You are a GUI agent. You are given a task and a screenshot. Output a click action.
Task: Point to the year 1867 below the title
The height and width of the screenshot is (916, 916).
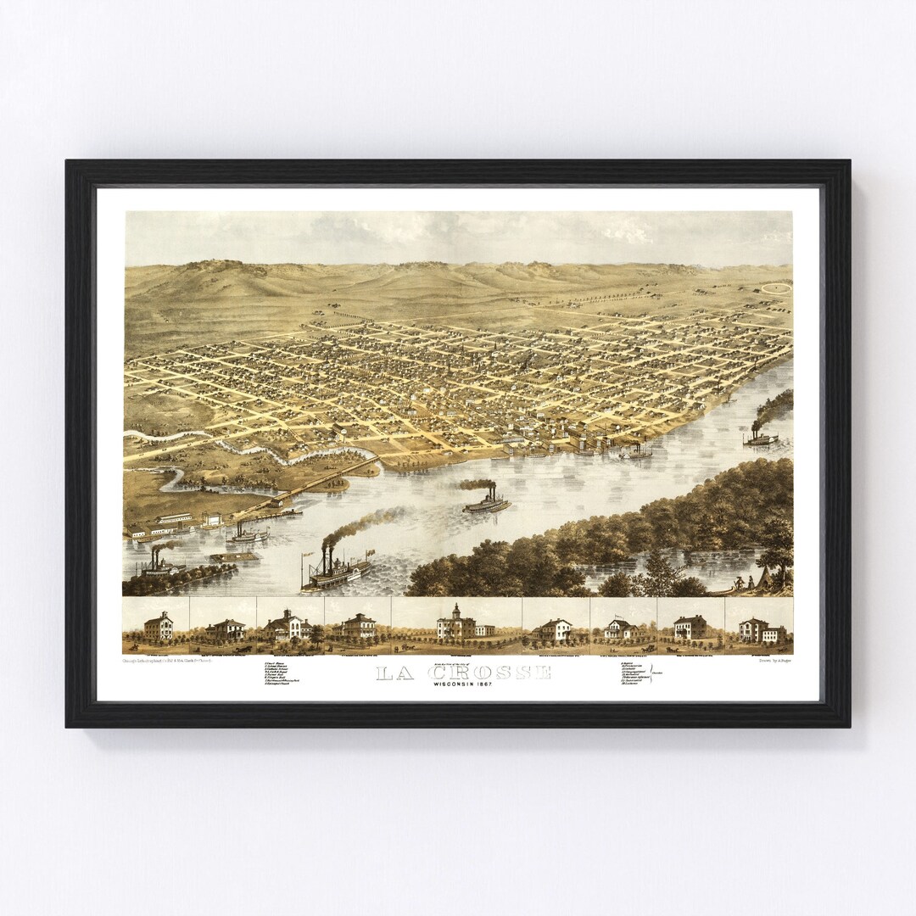(483, 684)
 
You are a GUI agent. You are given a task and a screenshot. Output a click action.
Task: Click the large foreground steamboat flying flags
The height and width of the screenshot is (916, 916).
(338, 572)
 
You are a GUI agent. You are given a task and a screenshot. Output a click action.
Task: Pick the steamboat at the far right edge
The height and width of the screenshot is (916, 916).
(761, 438)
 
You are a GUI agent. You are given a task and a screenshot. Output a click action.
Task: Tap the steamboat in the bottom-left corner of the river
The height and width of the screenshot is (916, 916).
(161, 567)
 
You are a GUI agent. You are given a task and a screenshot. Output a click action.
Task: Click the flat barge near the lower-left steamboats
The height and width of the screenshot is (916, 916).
(234, 556)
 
